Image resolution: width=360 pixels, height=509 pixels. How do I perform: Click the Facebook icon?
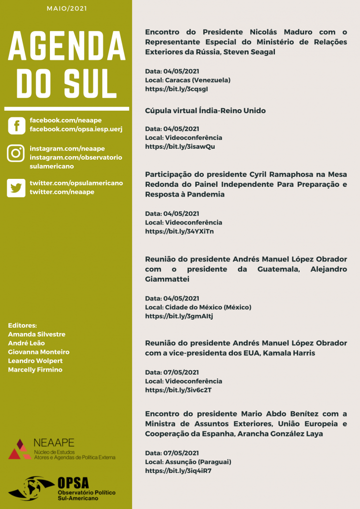[16, 125]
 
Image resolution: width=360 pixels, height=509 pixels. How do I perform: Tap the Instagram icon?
[16, 153]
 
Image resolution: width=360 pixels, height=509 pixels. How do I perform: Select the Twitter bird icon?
[16, 188]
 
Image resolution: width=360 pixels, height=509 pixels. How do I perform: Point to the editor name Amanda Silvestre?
[37, 334]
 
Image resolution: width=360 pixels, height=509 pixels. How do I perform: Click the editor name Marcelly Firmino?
[35, 370]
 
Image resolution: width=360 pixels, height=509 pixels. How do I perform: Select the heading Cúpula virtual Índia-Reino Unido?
[205, 111]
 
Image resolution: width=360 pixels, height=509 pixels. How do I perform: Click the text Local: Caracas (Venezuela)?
[187, 80]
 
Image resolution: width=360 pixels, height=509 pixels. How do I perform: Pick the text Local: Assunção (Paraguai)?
[188, 462]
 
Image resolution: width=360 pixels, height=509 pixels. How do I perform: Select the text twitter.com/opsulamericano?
[76, 183]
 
